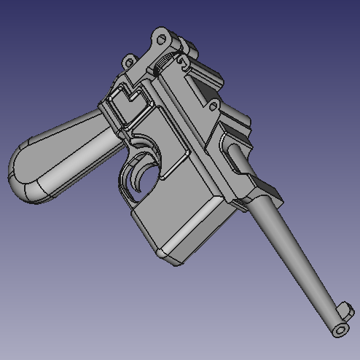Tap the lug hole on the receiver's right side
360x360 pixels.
213,107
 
